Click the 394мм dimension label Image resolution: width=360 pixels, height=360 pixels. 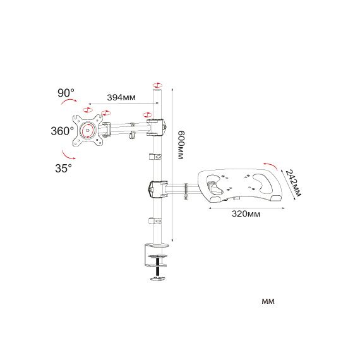pyautogui.click(x=121, y=97)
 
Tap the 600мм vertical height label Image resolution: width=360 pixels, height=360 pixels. pyautogui.click(x=181, y=145)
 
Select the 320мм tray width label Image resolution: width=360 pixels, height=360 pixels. pyautogui.click(x=246, y=214)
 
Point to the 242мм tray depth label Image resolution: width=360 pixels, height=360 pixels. pyautogui.click(x=292, y=183)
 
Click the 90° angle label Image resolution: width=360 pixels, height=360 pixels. pyautogui.click(x=66, y=93)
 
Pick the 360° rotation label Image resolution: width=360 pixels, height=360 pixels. pyautogui.click(x=63, y=131)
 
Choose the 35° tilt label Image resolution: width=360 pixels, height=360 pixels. pyautogui.click(x=63, y=168)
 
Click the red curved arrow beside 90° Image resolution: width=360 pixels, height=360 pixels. pyautogui.click(x=69, y=102)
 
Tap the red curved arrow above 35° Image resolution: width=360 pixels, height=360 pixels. pyautogui.click(x=68, y=155)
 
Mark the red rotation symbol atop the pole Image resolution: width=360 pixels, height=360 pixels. pyautogui.click(x=157, y=85)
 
